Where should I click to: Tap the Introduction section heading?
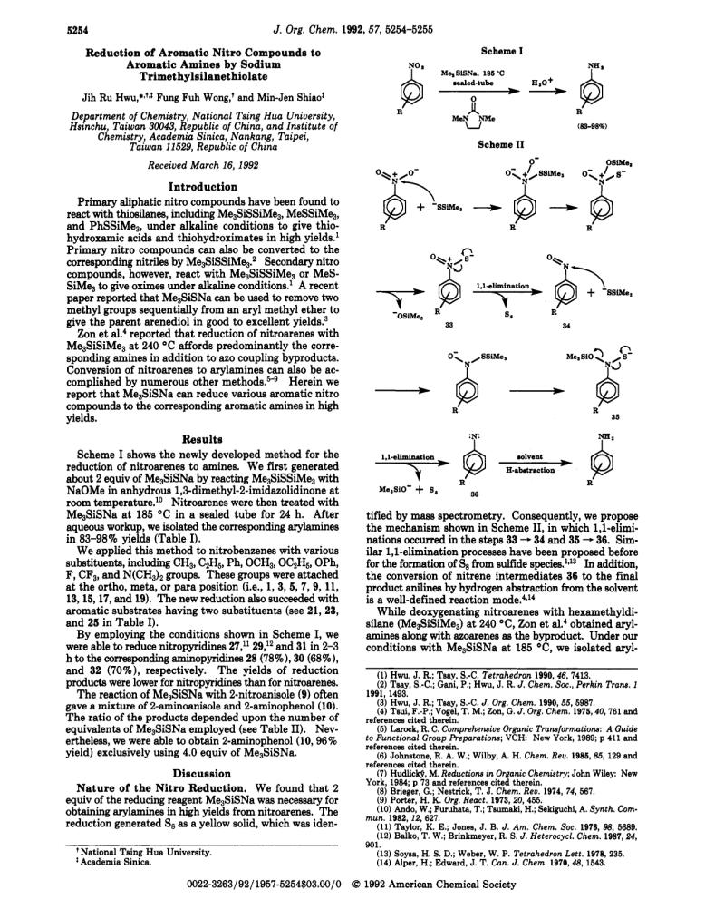coord(203,187)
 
